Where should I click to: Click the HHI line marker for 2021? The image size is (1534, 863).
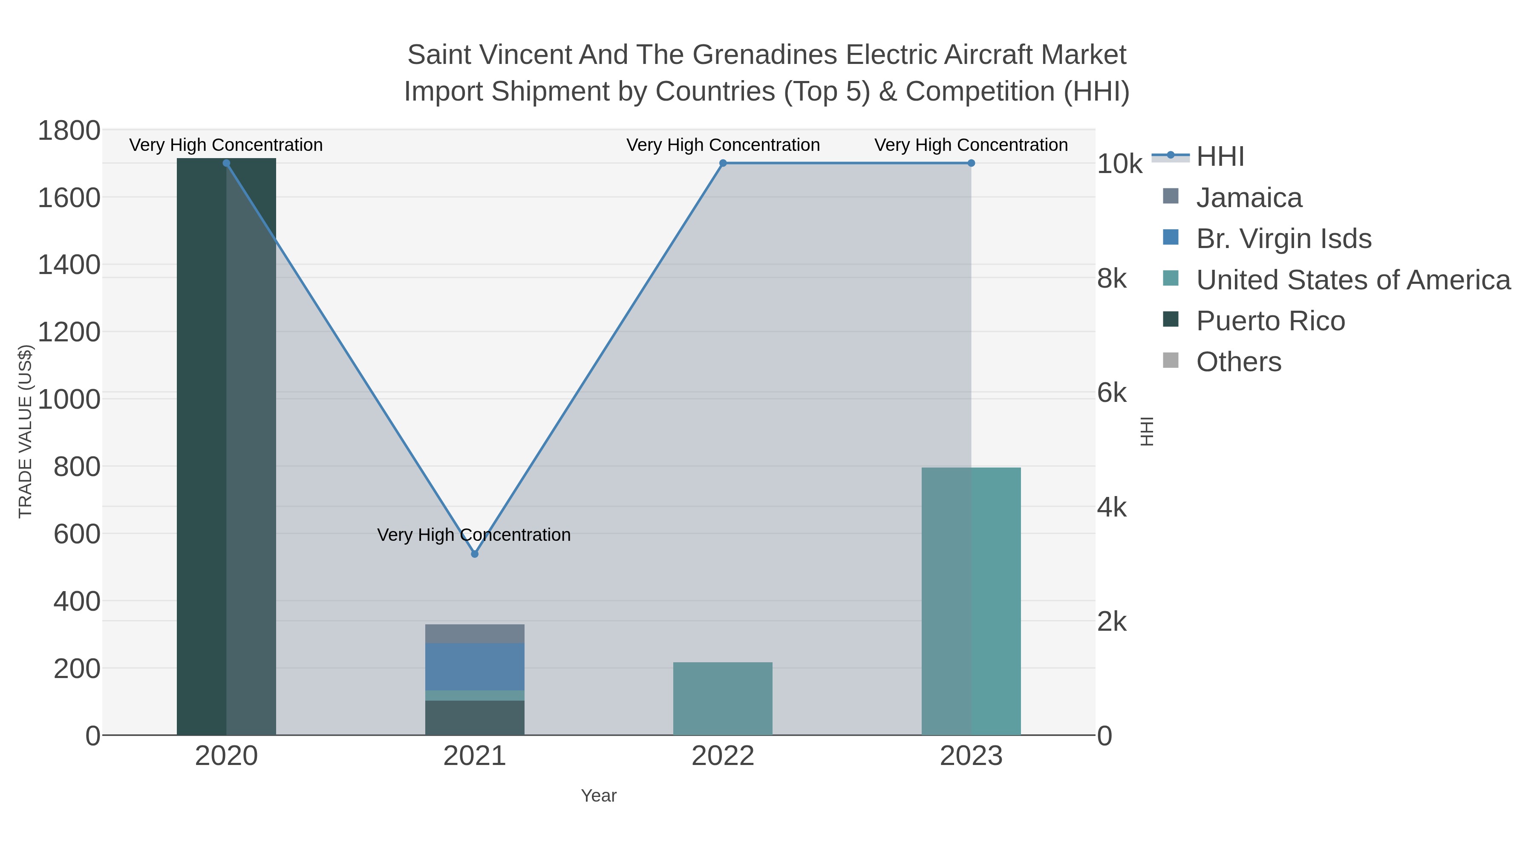coord(475,554)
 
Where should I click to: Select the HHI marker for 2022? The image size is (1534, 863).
coord(723,163)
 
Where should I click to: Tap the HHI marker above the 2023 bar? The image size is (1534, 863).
coord(971,163)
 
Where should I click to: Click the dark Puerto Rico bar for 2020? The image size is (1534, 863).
coord(226,447)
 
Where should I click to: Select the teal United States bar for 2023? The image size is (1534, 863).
coord(971,601)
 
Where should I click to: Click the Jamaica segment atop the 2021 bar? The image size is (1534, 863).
coord(475,634)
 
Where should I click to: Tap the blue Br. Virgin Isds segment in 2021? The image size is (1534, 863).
coord(475,667)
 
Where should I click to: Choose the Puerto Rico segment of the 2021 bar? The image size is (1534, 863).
coord(475,718)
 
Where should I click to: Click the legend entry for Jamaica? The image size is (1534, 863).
coord(1249,198)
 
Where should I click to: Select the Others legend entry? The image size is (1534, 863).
coord(1239,362)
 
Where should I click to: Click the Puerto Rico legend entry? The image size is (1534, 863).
coord(1270,321)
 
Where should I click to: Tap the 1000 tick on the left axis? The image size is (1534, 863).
coord(69,399)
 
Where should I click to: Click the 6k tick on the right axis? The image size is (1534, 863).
coord(1112,393)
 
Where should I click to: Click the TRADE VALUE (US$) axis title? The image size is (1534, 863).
coord(25,431)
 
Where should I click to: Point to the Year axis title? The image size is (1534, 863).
coord(599,796)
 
